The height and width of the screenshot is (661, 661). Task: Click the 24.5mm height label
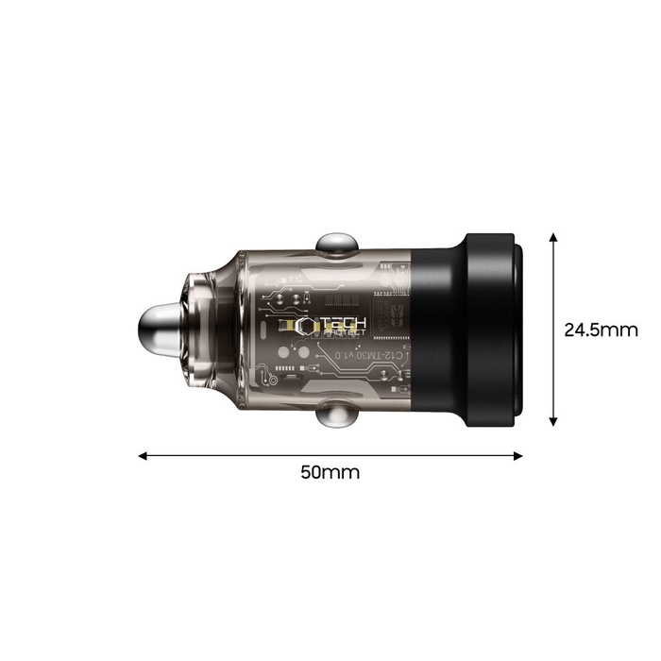tap(601, 330)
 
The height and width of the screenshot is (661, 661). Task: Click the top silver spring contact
tap(334, 244)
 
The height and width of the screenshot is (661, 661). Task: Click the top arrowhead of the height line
tap(553, 234)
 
